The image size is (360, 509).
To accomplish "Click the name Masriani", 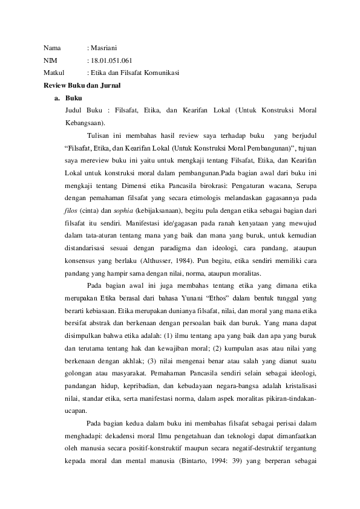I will click(x=106, y=48).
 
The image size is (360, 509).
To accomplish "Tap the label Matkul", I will click(x=54, y=73).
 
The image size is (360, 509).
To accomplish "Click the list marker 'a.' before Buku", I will click(x=57, y=99).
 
